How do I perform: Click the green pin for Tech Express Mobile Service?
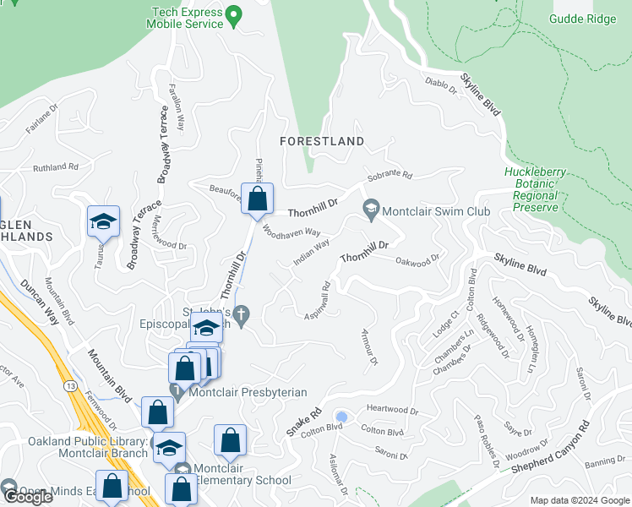point(237,14)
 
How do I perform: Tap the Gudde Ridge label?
point(582,18)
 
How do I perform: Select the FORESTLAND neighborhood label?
point(324,141)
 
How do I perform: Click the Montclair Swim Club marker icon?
point(370,208)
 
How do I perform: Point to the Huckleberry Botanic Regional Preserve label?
point(531,189)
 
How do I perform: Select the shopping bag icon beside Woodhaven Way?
point(258,199)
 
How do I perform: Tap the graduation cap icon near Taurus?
point(103,222)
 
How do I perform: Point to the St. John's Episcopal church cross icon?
point(242,317)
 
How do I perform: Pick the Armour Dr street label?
point(368,347)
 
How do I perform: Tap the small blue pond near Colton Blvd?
point(341,417)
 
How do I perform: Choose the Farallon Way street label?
point(176,104)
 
